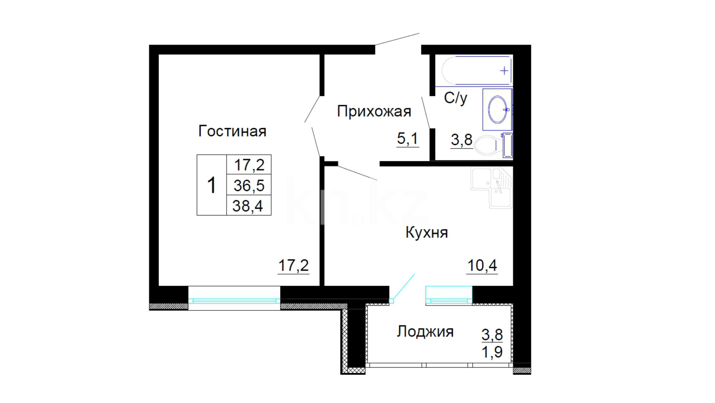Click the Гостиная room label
(232, 131)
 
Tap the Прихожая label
(374, 112)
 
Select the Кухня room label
(427, 232)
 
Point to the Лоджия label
(425, 331)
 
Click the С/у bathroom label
(455, 98)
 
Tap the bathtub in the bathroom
(477, 71)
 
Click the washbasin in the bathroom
(497, 109)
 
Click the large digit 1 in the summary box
(212, 185)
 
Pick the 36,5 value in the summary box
(249, 185)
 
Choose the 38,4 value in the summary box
(248, 206)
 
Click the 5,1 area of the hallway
(408, 139)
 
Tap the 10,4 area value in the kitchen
(482, 266)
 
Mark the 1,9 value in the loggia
(492, 352)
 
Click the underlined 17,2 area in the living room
(294, 266)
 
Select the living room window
(234, 298)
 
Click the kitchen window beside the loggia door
(449, 295)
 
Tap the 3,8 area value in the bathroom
(462, 140)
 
